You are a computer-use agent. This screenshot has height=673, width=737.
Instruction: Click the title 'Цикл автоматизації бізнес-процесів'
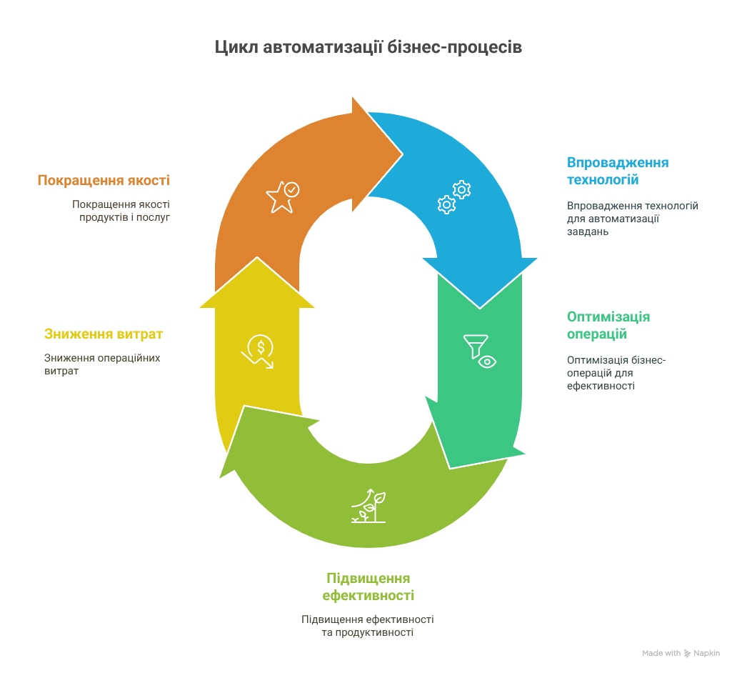[368, 47]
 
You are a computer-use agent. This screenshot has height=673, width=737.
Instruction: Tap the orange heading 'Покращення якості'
[104, 181]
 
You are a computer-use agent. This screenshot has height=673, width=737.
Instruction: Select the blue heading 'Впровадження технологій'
[618, 171]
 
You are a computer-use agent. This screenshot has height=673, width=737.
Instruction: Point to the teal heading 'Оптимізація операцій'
[608, 326]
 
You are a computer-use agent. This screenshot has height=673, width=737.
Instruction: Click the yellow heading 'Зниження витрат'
[104, 334]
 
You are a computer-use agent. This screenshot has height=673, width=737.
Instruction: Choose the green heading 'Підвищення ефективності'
[368, 587]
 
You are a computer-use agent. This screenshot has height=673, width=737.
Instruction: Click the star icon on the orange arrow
[283, 197]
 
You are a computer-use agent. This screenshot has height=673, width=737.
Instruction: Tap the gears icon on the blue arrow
[454, 197]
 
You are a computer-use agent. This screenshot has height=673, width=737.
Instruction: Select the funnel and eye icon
[479, 352]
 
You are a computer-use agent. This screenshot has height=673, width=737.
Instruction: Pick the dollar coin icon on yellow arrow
[258, 352]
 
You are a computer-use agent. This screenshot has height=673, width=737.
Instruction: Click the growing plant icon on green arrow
[368, 506]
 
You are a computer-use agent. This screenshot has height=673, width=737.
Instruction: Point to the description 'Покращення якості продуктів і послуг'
[121, 211]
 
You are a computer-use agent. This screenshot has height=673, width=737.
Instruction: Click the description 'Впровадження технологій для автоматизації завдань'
[632, 219]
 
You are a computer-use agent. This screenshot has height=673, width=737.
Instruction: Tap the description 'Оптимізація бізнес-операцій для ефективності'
[616, 373]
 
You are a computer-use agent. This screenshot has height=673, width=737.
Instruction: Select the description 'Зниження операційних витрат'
[102, 364]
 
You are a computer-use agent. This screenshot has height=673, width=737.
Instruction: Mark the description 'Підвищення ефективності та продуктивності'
[368, 626]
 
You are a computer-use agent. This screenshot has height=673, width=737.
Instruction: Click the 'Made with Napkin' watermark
[681, 653]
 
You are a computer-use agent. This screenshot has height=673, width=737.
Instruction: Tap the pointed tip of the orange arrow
[402, 154]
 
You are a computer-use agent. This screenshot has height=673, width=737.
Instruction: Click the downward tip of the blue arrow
[479, 308]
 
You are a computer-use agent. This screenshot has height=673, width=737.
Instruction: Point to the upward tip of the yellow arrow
[257, 257]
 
